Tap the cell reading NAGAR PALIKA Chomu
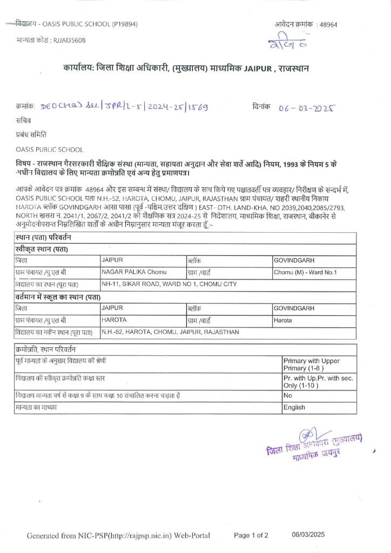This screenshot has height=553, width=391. [x=134, y=272]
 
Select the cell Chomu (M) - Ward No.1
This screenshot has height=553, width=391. [x=305, y=272]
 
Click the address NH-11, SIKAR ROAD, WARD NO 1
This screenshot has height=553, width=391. [x=169, y=284]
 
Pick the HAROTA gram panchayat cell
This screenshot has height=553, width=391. [x=114, y=320]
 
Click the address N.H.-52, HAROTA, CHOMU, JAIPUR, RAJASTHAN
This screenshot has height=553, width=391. [x=170, y=332]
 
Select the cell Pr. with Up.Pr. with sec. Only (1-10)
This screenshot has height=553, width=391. [x=318, y=382]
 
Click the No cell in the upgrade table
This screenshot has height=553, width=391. [x=288, y=396]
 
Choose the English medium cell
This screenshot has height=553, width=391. [x=294, y=408]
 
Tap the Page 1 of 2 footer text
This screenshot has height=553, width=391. [x=251, y=536]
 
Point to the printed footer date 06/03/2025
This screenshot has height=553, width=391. [x=308, y=535]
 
